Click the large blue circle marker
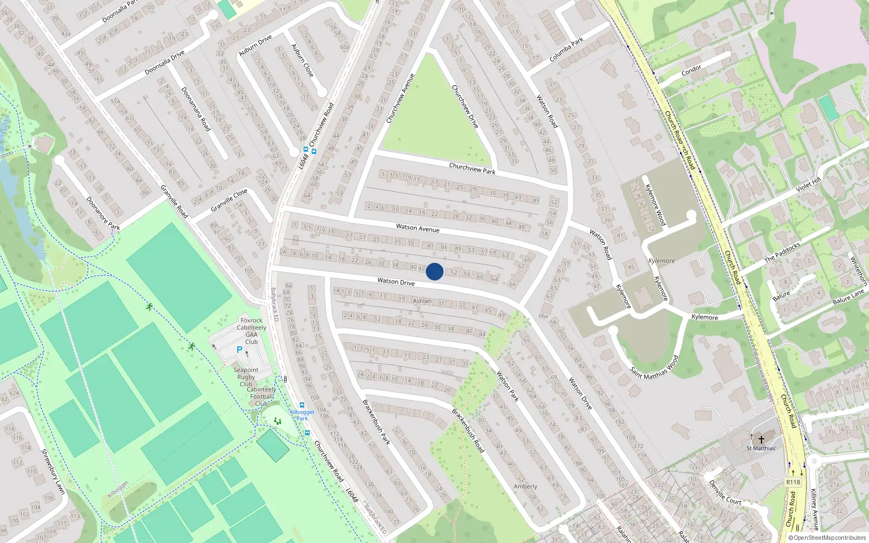point(434,271)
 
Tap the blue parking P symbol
point(240,350)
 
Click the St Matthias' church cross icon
point(761,439)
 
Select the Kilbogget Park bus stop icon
point(302,405)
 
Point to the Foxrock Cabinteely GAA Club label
point(251,331)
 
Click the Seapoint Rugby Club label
point(246,377)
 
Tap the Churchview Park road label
point(472,169)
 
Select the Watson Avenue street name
point(418,228)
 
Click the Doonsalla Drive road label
point(165,63)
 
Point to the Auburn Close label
point(303,60)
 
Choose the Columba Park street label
point(566,49)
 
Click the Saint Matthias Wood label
point(654,368)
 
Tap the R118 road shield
point(793,482)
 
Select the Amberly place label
point(525,487)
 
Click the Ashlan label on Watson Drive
point(422,301)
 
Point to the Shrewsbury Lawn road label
point(53,471)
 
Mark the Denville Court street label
point(725,493)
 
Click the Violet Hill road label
point(808,185)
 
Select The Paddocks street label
point(782,252)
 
